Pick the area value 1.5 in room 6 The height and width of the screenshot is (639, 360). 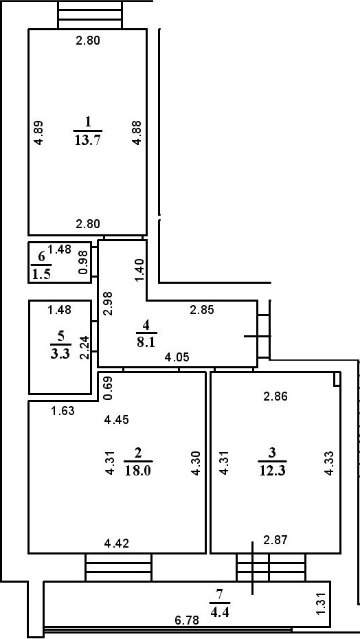[42, 274]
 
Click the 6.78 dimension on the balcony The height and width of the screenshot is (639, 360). [188, 620]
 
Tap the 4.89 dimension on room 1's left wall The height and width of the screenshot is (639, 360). [39, 132]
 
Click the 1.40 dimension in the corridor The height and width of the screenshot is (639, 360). [139, 270]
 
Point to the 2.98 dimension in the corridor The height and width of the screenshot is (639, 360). [106, 303]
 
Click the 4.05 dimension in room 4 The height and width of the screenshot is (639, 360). [177, 357]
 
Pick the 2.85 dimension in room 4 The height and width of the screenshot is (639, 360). [201, 309]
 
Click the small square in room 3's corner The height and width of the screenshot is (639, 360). [337, 379]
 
